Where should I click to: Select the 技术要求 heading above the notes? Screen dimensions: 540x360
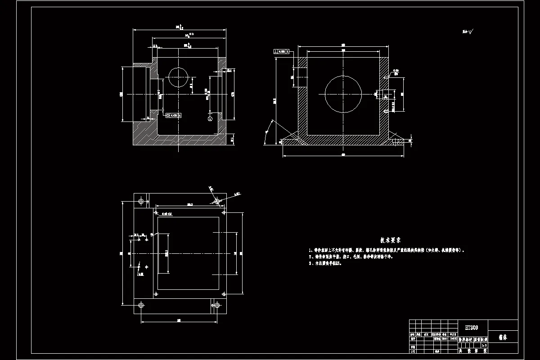click(x=391, y=241)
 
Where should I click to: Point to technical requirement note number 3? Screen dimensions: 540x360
click(x=326, y=264)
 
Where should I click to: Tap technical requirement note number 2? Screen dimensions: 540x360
click(x=351, y=256)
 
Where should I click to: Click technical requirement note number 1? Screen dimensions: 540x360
click(x=387, y=249)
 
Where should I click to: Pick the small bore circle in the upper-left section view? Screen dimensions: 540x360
click(x=179, y=77)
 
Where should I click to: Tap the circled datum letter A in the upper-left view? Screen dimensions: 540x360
click(x=210, y=119)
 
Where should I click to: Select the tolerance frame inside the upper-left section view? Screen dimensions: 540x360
click(x=174, y=116)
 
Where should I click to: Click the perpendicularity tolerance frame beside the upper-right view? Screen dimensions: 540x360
click(x=282, y=52)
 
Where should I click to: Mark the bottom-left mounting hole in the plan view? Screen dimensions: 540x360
click(x=141, y=306)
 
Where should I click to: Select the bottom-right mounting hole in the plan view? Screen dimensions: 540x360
click(x=217, y=306)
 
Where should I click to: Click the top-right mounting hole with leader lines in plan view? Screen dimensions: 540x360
click(x=217, y=201)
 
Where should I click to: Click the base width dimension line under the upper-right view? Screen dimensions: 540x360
click(x=343, y=156)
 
